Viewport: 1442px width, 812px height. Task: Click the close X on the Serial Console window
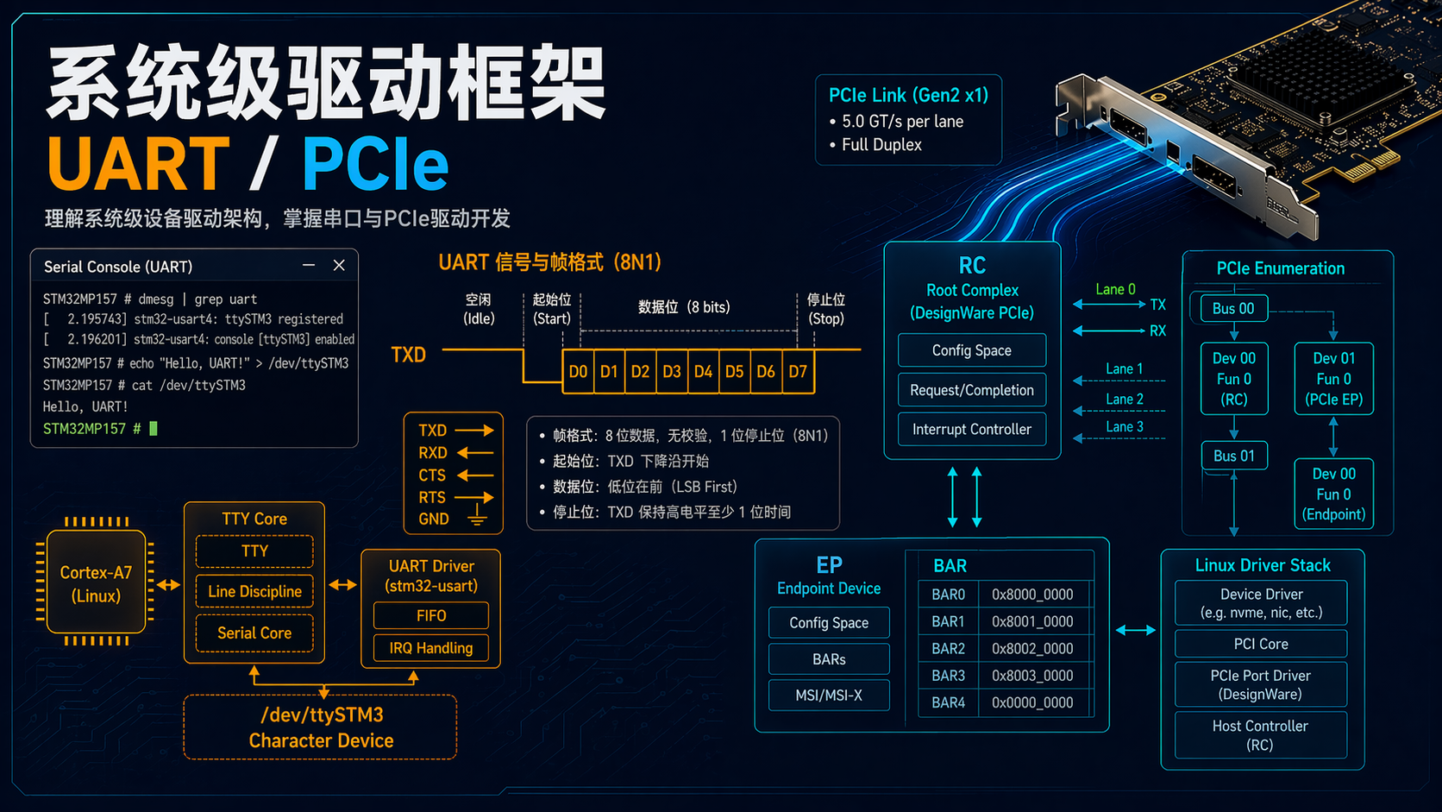coord(339,266)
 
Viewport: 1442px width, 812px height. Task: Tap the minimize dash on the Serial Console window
coord(309,266)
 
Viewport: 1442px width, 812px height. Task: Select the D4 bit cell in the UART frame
coord(703,372)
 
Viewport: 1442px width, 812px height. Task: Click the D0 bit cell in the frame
coord(578,372)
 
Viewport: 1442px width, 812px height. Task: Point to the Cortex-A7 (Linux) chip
coord(96,584)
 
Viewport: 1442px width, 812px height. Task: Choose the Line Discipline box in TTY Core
coord(254,592)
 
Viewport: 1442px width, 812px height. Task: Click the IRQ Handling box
coord(431,648)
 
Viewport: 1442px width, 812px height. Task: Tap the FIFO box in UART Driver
coord(431,616)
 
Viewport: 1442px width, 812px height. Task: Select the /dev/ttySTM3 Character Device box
coord(321,727)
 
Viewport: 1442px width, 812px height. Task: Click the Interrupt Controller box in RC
coord(972,430)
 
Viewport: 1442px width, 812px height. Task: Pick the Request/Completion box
coord(972,390)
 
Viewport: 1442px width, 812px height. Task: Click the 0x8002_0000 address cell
coord(1032,649)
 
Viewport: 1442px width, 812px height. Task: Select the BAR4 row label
coord(948,703)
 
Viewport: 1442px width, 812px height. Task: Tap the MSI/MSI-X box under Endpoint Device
coord(829,696)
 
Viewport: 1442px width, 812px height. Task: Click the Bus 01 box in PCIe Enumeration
coord(1234,456)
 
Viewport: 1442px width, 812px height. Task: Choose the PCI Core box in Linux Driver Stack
coord(1261,645)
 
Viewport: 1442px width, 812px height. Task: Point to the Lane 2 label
coord(1125,400)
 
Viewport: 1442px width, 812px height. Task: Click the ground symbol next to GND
coord(476,518)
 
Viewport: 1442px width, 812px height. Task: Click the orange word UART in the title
coord(139,164)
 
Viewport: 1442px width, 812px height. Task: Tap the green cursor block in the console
coord(154,429)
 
